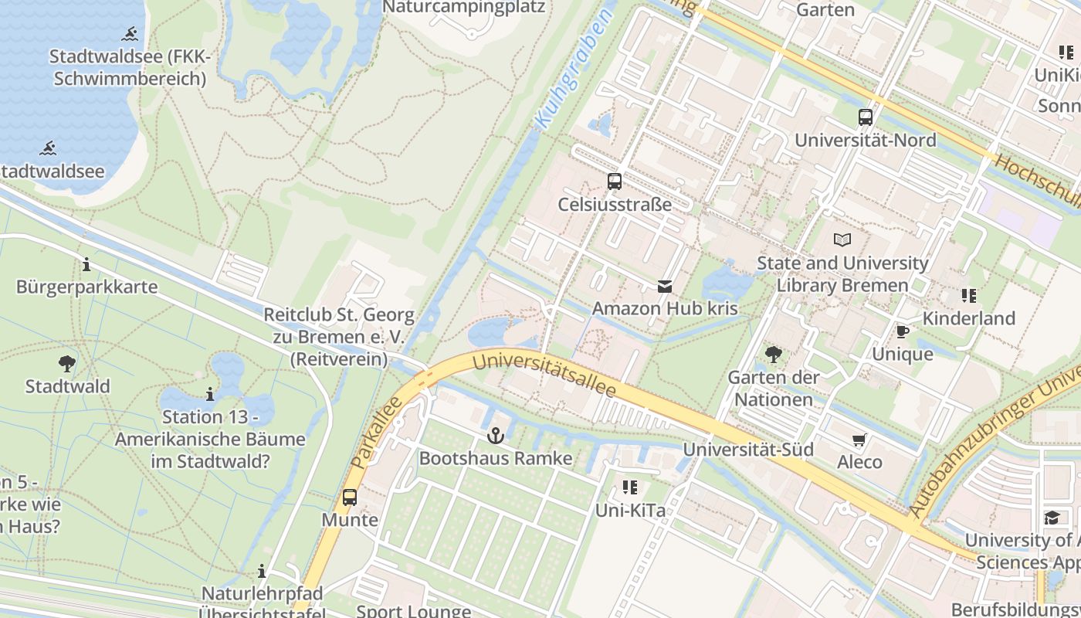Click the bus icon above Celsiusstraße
615,182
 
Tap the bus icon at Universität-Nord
866,117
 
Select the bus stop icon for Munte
350,497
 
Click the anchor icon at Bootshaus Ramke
496,436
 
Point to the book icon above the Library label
842,239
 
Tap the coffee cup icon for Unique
902,331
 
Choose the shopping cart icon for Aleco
859,440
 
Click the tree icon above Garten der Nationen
773,355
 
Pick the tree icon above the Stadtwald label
67,363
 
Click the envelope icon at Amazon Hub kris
665,287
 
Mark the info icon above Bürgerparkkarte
86,265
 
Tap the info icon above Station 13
210,394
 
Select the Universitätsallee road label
544,374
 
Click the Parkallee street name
376,432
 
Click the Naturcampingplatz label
464,8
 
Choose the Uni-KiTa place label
630,511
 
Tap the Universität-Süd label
748,450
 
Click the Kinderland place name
969,318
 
